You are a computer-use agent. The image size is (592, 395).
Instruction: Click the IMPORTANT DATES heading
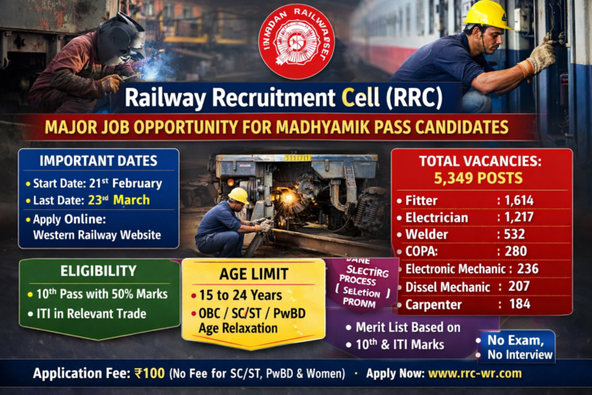(x=98, y=161)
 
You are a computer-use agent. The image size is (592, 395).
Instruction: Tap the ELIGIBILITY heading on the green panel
(x=98, y=271)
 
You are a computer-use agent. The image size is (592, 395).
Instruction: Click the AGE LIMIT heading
(x=254, y=273)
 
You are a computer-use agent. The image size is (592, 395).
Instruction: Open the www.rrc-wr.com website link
(x=475, y=373)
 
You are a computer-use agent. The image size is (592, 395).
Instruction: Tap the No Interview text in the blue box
(x=520, y=355)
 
